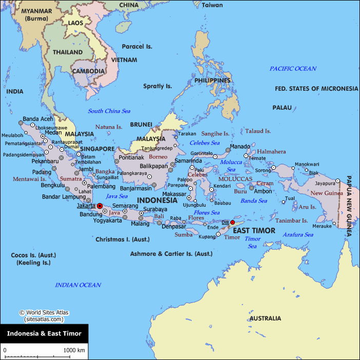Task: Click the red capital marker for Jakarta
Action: [x=99, y=206]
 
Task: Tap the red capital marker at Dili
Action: [x=232, y=223]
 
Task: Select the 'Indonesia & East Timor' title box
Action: [x=44, y=333]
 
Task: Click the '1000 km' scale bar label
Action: [x=74, y=350]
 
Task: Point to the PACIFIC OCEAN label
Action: [x=293, y=68]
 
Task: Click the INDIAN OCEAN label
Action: [x=78, y=285]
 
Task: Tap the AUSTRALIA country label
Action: [x=265, y=318]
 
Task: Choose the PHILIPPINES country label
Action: [x=212, y=81]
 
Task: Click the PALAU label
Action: [x=282, y=108]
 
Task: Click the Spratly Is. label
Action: [x=157, y=86]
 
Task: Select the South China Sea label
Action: [x=109, y=111]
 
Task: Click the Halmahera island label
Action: [x=271, y=152]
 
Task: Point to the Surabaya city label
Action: [x=154, y=209]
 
